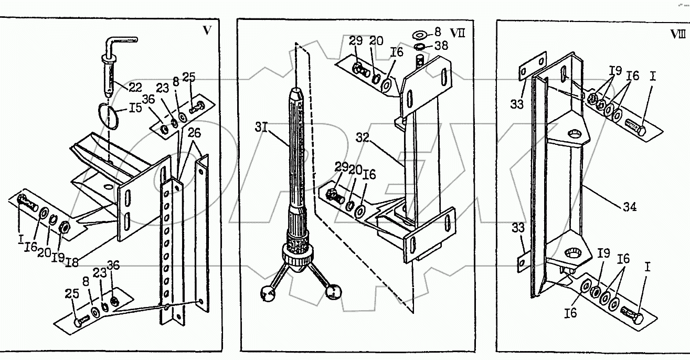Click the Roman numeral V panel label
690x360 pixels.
(207, 30)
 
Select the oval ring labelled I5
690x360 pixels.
(110, 116)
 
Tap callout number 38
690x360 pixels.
(441, 46)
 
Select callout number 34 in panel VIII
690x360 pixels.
(630, 207)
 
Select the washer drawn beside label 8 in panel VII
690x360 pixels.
(420, 35)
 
